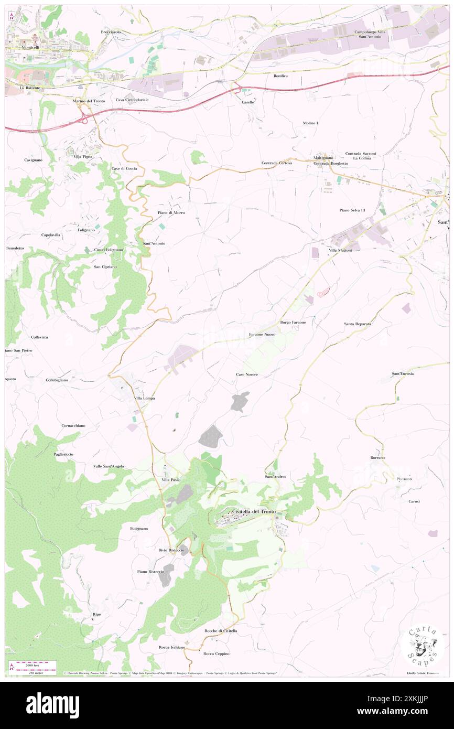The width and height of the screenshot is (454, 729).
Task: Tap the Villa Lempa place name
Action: point(144,399)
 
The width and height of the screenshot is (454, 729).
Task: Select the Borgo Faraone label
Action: point(293,322)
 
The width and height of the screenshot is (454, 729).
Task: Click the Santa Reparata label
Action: point(358,324)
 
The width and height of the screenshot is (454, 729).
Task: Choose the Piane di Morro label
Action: point(171,212)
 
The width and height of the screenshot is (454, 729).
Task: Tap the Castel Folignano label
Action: point(109,250)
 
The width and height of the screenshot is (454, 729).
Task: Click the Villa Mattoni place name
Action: point(340,251)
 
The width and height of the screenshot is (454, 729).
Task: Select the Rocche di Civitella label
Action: point(221,630)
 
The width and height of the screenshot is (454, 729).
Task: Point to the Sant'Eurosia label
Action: point(403,373)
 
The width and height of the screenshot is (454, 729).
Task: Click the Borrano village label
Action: point(377,458)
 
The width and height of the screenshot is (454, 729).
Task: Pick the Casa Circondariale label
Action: point(133,100)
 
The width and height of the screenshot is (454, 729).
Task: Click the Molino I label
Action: point(310,123)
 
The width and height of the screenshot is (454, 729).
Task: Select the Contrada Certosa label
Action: point(277,163)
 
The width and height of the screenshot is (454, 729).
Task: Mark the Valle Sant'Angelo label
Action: point(109,466)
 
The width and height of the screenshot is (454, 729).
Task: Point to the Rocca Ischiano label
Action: point(172,647)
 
